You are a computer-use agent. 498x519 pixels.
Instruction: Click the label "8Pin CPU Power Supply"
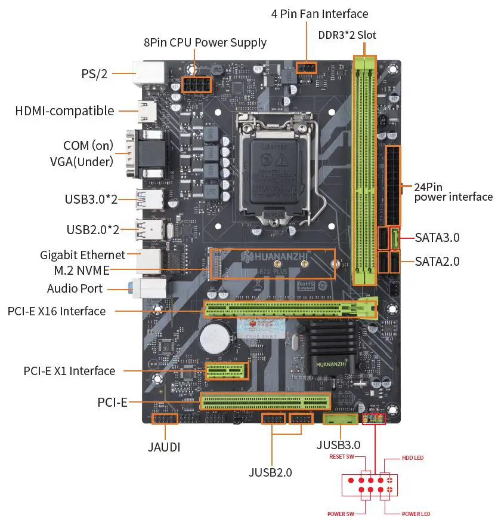tap(205, 42)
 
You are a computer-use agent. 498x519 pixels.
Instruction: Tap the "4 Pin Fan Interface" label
tap(320, 13)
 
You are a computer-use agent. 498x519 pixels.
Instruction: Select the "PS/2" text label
tap(94, 74)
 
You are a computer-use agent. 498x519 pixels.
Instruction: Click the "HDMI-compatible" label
tap(64, 110)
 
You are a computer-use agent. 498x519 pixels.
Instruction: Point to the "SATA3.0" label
tap(437, 238)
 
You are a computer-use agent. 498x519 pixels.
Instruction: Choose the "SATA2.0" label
tap(437, 261)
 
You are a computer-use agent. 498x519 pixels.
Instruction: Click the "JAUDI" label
tap(164, 447)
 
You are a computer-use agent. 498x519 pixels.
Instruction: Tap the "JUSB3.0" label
tap(338, 444)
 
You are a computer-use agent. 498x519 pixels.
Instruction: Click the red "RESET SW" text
tap(342, 457)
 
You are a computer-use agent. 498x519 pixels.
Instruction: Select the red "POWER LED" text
tap(416, 514)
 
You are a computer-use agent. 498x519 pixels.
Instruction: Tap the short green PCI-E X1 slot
tap(227, 371)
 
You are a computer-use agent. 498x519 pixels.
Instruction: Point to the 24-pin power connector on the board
tap(394, 185)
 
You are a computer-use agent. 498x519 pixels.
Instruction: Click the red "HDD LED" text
tap(412, 457)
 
